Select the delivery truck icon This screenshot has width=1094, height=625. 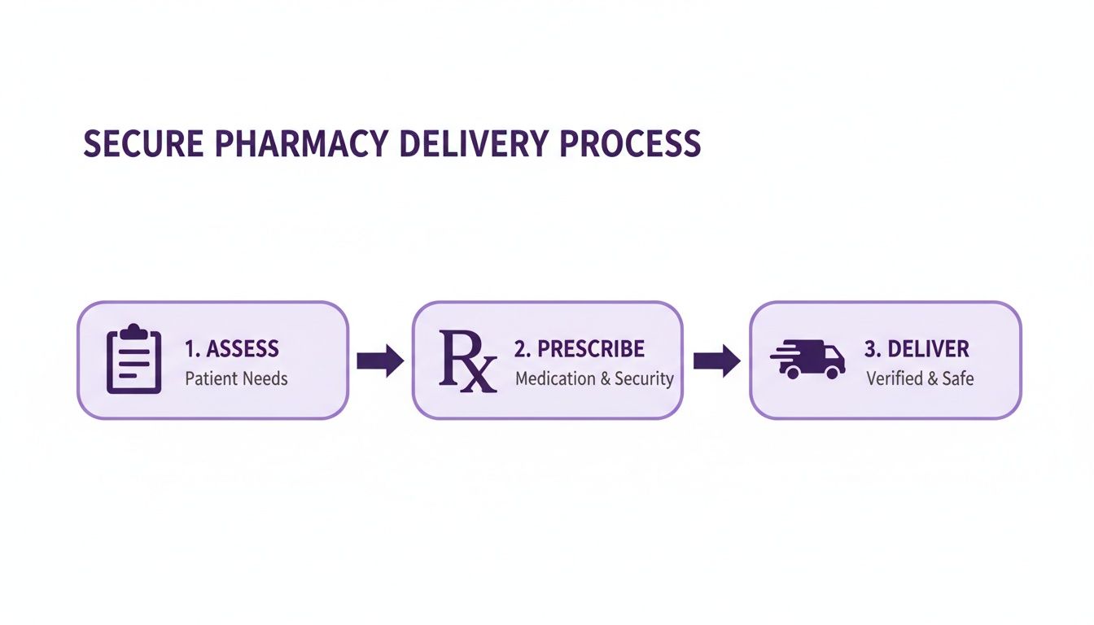click(x=807, y=360)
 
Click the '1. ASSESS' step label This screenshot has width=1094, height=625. click(x=232, y=349)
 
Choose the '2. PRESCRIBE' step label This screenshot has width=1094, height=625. click(x=580, y=349)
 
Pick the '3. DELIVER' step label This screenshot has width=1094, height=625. click(x=917, y=349)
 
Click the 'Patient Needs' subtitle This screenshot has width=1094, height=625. click(x=236, y=378)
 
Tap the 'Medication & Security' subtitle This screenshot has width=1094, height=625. click(x=594, y=378)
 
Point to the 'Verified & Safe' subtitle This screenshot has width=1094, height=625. click(x=920, y=378)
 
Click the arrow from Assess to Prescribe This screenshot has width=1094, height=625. click(x=380, y=361)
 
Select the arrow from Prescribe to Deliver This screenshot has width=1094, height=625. click(x=716, y=361)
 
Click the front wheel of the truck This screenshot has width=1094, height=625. click(x=831, y=373)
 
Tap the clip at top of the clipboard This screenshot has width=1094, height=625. click(x=134, y=330)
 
